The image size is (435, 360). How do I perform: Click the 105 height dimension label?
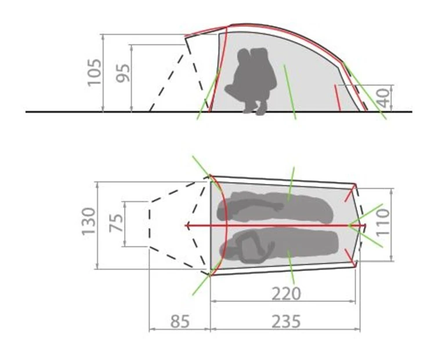(x=95, y=72)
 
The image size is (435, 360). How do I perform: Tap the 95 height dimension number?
(x=123, y=73)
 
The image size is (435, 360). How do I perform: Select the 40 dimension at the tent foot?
(x=384, y=98)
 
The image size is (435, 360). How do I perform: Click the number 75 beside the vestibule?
(x=116, y=223)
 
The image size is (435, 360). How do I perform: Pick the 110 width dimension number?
(x=382, y=223)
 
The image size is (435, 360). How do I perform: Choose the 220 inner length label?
(x=286, y=294)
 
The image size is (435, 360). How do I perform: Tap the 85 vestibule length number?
(x=180, y=321)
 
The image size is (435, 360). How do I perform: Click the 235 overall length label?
(x=286, y=321)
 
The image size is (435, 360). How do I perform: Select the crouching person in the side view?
(x=251, y=81)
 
